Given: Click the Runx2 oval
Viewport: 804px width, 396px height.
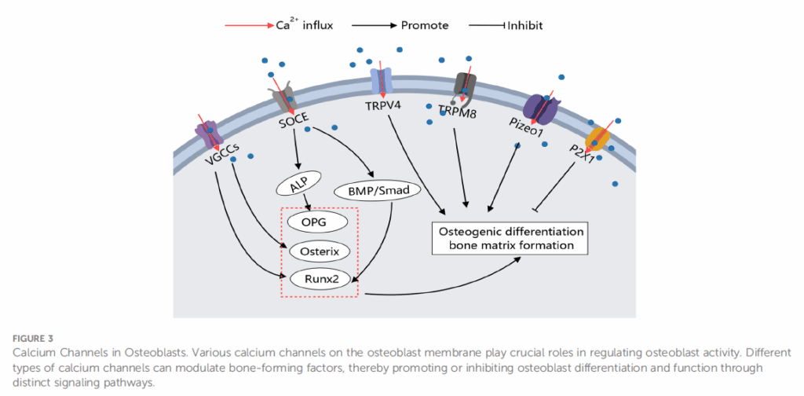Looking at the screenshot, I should pyautogui.click(x=318, y=278).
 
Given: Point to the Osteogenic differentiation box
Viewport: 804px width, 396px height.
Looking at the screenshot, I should pyautogui.click(x=510, y=239).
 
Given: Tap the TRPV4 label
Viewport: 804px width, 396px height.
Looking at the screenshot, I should pyautogui.click(x=385, y=104).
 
